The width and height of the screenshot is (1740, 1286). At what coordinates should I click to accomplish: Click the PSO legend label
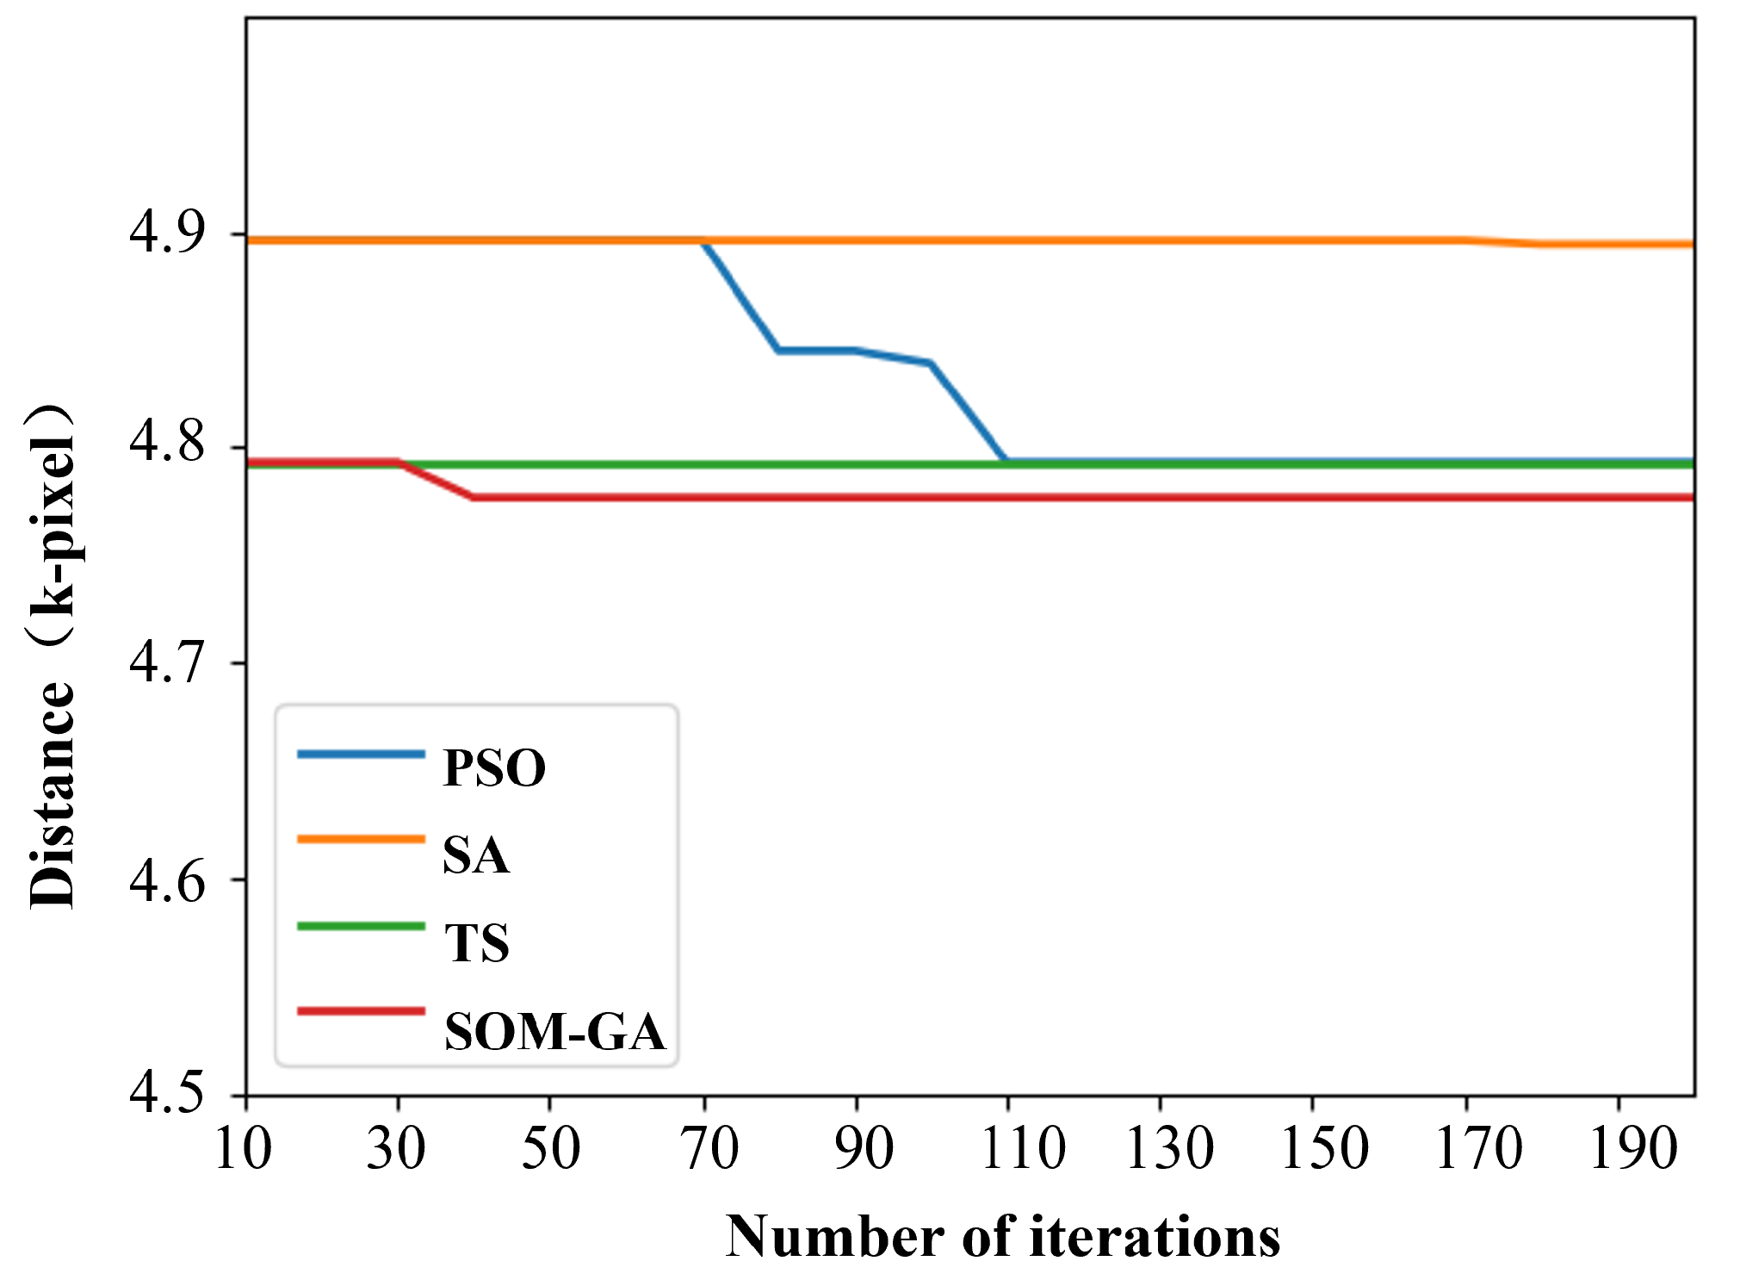pyautogui.click(x=494, y=767)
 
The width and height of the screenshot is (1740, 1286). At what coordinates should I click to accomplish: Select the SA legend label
pyautogui.click(x=476, y=855)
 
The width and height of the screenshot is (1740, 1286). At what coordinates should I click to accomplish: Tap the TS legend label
pyautogui.click(x=477, y=943)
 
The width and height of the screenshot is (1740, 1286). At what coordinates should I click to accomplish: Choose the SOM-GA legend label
pyautogui.click(x=555, y=1031)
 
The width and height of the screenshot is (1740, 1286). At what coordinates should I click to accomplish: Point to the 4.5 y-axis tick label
pyautogui.click(x=168, y=1093)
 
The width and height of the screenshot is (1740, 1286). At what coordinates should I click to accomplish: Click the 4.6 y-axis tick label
pyautogui.click(x=168, y=879)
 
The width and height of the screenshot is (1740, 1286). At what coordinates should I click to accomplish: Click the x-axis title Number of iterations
pyautogui.click(x=1002, y=1237)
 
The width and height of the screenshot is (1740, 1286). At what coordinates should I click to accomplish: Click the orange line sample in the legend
pyautogui.click(x=362, y=839)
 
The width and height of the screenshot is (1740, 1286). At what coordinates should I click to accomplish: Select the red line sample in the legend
pyautogui.click(x=362, y=1011)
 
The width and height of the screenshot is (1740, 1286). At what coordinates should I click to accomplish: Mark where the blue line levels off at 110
pyautogui.click(x=1005, y=461)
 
